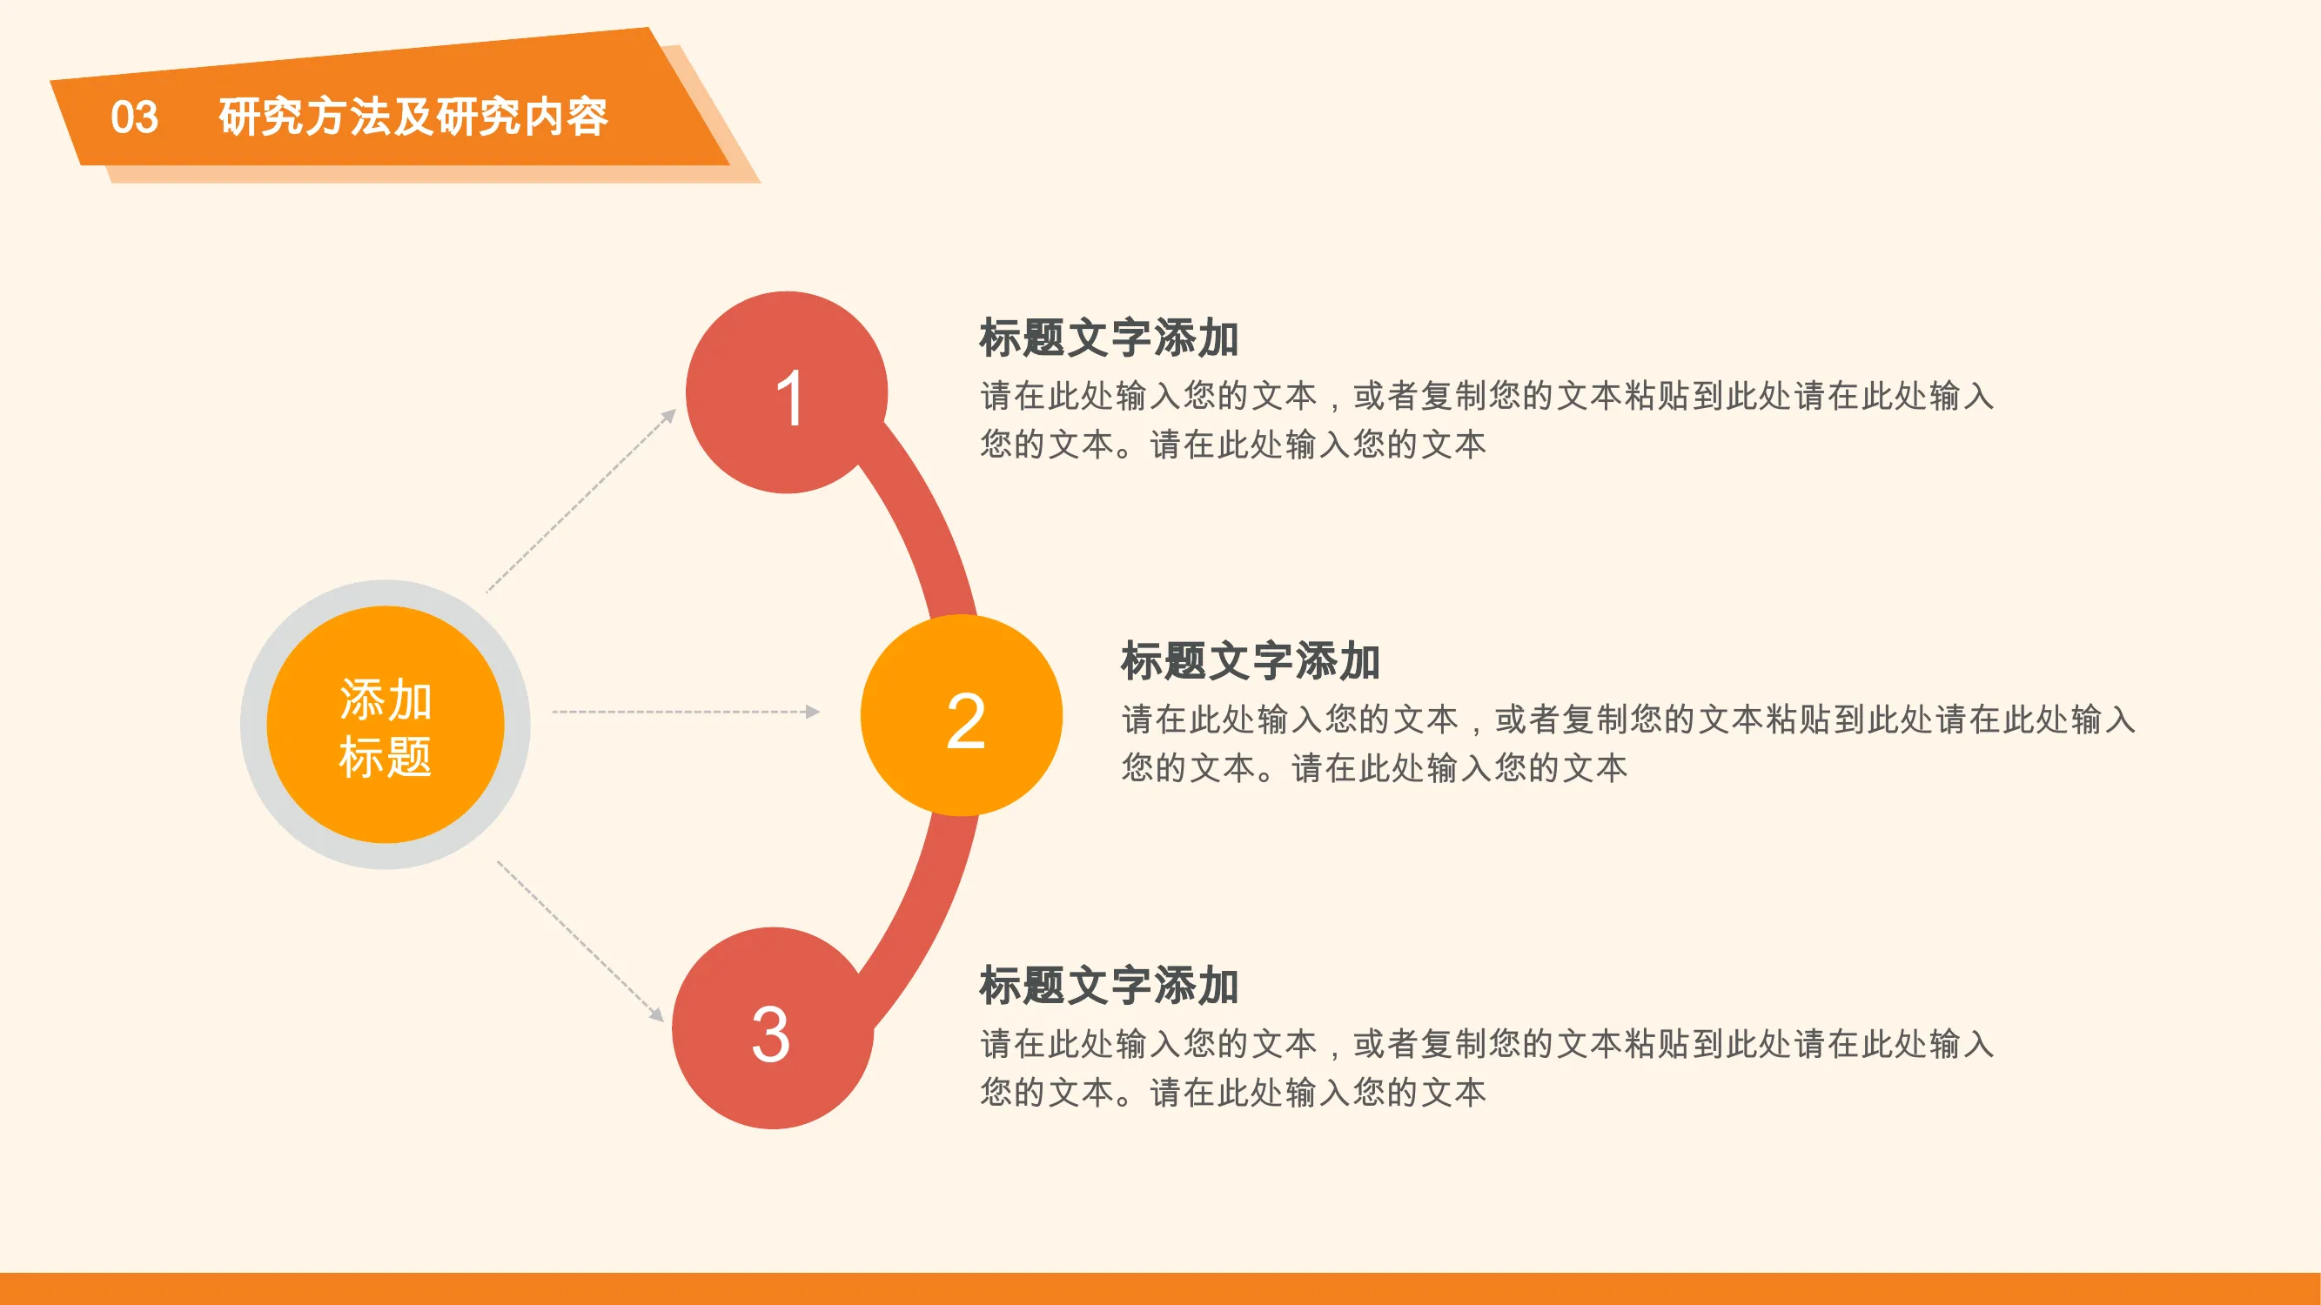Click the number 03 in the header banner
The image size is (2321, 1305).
click(x=134, y=117)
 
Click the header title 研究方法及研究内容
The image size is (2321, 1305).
click(x=413, y=117)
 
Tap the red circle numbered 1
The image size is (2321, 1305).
click(x=787, y=392)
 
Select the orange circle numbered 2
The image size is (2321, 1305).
click(x=962, y=716)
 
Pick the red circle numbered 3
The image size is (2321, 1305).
click(x=773, y=1028)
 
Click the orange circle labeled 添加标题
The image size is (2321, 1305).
click(x=386, y=725)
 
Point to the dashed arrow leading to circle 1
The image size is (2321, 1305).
click(x=581, y=501)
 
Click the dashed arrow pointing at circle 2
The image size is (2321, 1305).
click(x=687, y=712)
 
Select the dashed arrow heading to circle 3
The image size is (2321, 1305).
click(x=580, y=941)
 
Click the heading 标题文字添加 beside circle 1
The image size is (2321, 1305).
click(x=1109, y=338)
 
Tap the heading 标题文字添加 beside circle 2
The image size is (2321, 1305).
click(x=1251, y=661)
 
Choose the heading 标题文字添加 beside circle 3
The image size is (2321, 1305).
click(x=1109, y=986)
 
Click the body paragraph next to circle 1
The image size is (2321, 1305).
click(x=1486, y=419)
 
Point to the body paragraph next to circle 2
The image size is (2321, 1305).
click(x=1628, y=743)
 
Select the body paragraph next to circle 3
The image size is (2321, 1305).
click(x=1486, y=1068)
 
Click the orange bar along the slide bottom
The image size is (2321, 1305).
click(x=1161, y=1288)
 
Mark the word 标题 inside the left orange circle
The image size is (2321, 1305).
click(x=386, y=757)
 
